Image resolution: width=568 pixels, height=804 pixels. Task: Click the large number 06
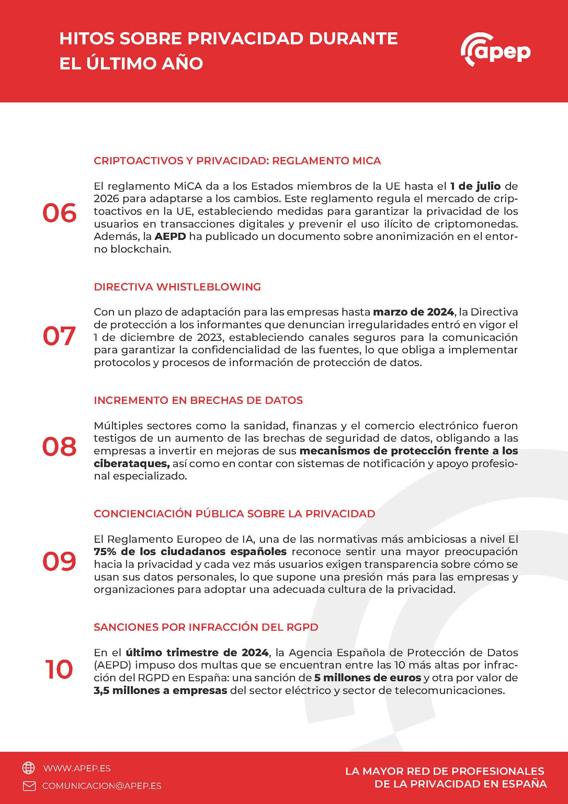59,213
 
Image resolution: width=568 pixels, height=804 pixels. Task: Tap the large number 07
59,336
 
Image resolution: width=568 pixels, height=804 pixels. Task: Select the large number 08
59,447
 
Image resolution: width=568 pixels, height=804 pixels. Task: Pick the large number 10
59,670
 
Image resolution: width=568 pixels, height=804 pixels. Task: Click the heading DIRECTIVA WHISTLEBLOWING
177,287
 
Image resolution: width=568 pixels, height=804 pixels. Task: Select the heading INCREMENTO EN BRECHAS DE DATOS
198,400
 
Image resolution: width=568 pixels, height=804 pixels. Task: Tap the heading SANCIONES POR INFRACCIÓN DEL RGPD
206,627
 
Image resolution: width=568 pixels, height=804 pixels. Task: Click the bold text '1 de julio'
475,186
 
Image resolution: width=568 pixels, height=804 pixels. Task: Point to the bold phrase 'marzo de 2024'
413,312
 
